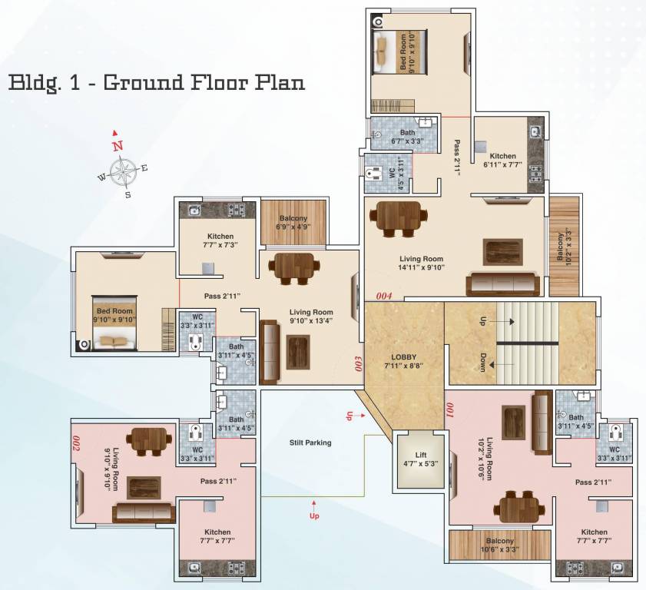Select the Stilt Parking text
coord(310,442)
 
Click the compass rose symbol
coord(122,171)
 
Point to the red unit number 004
coord(383,295)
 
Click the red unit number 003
coord(358,362)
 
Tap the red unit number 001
coord(451,410)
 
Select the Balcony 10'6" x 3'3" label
coord(499,545)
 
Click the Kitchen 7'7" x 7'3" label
coord(220,240)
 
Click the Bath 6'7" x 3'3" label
coord(407,137)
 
